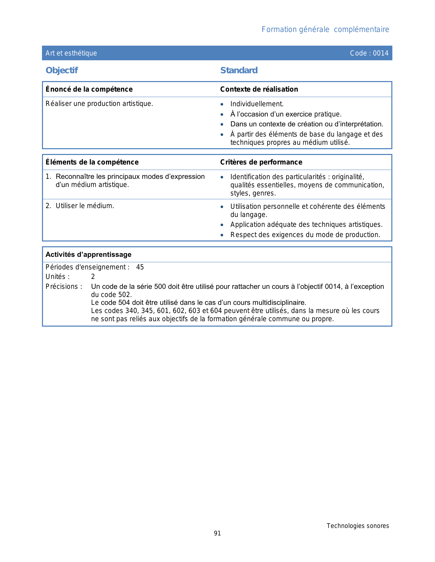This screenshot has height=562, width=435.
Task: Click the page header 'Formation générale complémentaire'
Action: point(325,30)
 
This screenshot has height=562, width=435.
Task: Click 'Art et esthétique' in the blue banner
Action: point(71,53)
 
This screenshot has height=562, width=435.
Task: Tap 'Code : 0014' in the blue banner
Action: point(369,53)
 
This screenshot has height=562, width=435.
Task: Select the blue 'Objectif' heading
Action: point(62,71)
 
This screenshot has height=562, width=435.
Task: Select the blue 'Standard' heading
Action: point(239,71)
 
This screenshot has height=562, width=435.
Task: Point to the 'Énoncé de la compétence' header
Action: point(89,89)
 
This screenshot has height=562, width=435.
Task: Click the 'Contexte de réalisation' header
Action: point(259,89)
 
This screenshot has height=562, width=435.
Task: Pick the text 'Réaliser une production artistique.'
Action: point(99,104)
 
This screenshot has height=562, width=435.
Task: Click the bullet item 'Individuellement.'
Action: point(257,104)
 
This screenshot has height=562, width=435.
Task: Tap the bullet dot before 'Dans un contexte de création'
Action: point(222,125)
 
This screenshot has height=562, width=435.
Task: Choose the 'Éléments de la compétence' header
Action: point(92,162)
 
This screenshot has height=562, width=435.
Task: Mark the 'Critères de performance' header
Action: point(261,162)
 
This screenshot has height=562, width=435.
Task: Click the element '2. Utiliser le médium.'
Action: point(80,206)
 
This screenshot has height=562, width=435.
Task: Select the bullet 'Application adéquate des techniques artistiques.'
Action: point(306,224)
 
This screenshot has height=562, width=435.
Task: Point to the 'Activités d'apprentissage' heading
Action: point(88,254)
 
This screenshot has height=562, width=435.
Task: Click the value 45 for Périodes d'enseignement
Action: point(140,267)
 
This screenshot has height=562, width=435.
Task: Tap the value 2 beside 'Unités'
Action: point(93,277)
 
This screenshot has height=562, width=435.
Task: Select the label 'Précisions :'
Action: point(64,286)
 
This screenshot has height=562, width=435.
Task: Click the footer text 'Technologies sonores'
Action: point(358,526)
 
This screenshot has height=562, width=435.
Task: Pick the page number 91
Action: point(217,533)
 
